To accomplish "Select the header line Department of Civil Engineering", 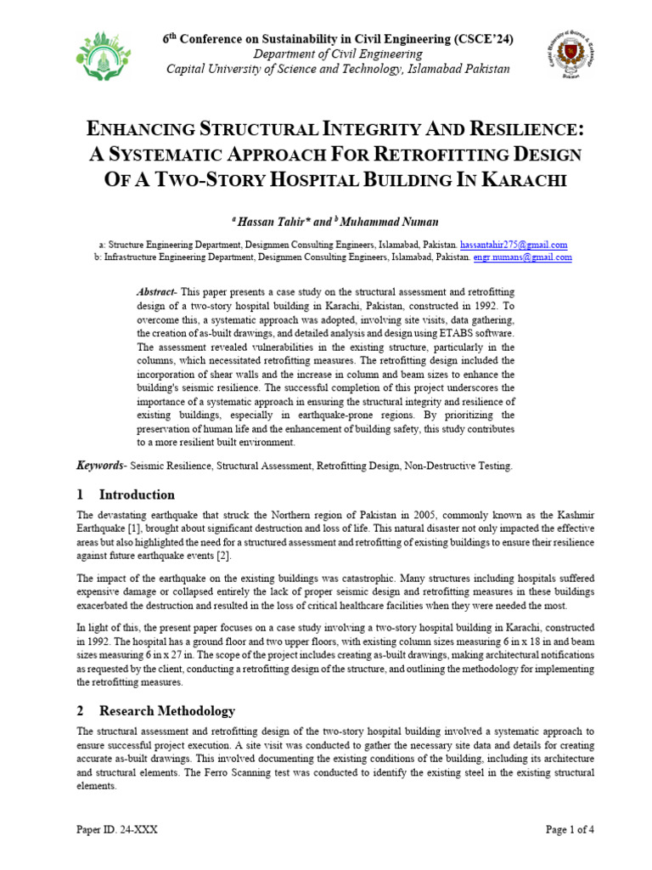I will click(x=338, y=54).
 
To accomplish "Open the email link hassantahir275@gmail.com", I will click(x=514, y=245).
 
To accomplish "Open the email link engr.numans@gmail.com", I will click(x=522, y=257).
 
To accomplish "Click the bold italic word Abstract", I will click(x=156, y=291).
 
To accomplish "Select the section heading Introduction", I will click(x=137, y=494).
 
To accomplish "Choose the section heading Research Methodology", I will click(x=166, y=710).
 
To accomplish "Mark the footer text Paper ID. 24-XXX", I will click(x=117, y=830).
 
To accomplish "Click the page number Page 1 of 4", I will click(x=570, y=830).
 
